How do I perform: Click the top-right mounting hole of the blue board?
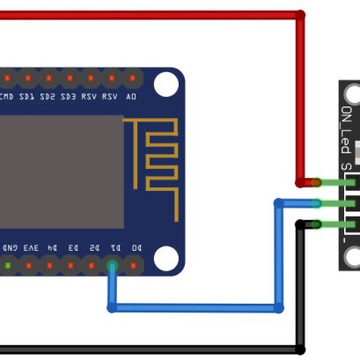(165, 84)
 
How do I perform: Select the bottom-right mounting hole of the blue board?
(165, 258)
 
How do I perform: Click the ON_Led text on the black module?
(347, 128)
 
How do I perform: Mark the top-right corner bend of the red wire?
(300, 15)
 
